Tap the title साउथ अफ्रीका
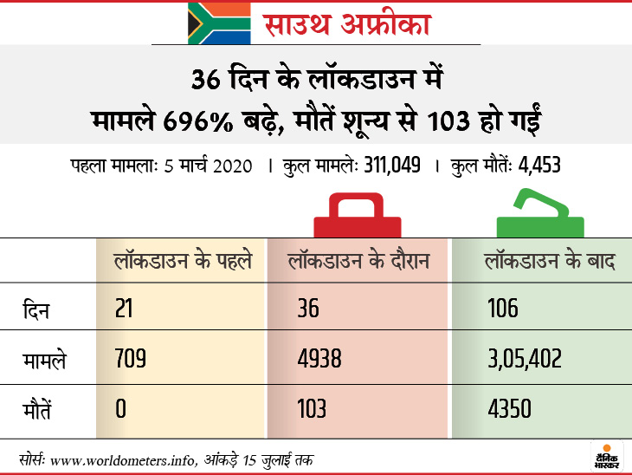345,23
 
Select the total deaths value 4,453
538,165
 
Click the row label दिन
35,309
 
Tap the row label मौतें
39,407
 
